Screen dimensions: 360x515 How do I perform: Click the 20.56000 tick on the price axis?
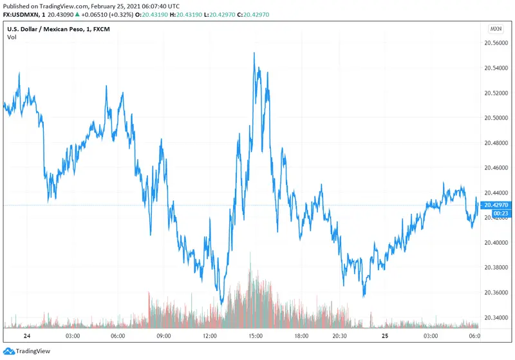tap(496, 43)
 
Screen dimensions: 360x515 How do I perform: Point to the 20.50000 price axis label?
tap(496, 118)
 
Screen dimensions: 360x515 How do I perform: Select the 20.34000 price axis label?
tap(496, 317)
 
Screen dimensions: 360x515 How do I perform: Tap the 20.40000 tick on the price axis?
tap(496, 242)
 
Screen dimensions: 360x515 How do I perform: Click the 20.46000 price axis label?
tap(496, 167)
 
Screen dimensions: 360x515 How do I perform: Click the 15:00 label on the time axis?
tap(255, 336)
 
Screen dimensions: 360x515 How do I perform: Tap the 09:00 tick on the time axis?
tap(164, 336)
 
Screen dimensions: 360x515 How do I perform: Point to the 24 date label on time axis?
tap(26, 336)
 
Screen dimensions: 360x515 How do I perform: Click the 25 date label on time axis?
tap(385, 336)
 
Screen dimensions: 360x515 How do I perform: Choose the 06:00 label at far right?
tap(474, 336)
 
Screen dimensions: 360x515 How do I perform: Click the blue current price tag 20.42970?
tap(496, 205)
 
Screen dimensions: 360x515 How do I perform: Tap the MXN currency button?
tap(496, 29)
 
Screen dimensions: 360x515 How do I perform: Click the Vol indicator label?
tap(12, 37)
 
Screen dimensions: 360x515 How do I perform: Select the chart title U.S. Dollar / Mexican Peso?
tap(45, 29)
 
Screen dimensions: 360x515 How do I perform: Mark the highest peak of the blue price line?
tap(254, 53)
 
